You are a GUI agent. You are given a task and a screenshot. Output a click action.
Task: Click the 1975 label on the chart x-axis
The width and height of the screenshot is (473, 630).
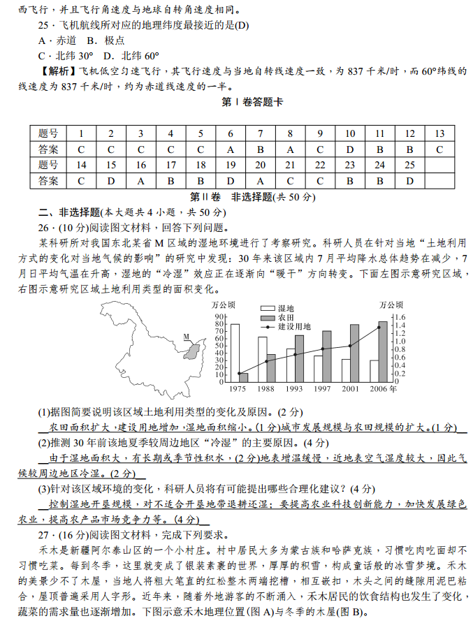(238, 388)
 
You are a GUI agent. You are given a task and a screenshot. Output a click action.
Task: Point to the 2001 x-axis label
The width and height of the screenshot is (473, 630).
(350, 388)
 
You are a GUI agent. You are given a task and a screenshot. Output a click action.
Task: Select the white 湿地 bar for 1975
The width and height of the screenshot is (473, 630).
(235, 353)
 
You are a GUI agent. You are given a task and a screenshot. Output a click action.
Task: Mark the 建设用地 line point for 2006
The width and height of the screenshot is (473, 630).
(379, 328)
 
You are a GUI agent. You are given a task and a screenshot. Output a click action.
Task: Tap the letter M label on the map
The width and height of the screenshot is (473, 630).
(187, 337)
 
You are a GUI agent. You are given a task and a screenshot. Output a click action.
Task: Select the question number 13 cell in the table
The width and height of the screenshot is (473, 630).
(439, 133)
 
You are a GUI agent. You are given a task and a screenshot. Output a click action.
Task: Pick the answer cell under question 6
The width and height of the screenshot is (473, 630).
(231, 149)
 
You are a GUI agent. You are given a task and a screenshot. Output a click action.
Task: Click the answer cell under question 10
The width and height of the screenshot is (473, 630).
(350, 149)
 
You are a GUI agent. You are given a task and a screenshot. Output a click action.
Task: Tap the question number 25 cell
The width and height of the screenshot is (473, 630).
(409, 166)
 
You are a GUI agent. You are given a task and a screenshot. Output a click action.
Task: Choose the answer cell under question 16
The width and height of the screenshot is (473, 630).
(141, 182)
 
